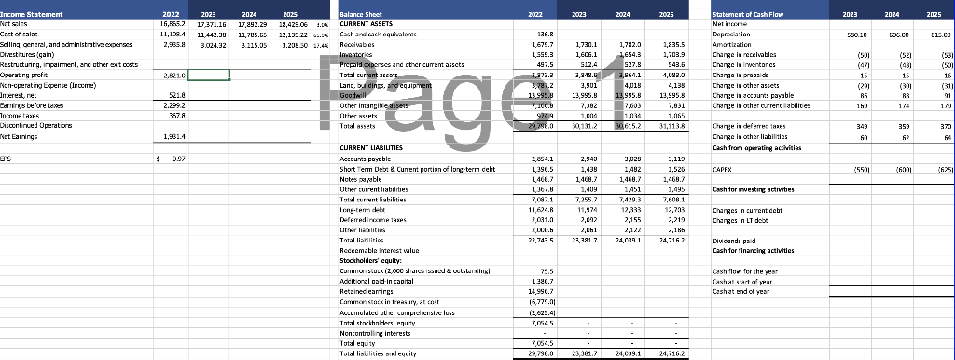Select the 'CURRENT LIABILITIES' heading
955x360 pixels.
[380, 174]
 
